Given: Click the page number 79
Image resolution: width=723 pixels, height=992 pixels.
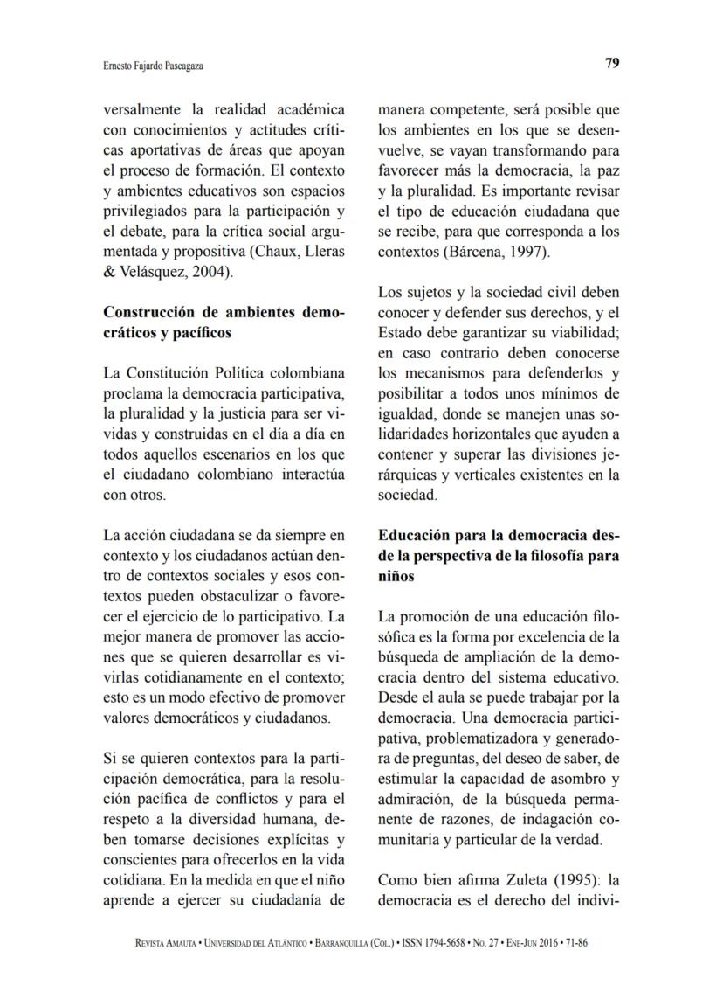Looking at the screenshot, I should [x=611, y=63].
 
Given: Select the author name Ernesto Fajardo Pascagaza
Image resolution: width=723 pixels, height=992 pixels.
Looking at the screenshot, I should [x=142, y=65].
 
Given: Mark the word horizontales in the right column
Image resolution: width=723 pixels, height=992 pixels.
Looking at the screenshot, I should [x=513, y=433].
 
